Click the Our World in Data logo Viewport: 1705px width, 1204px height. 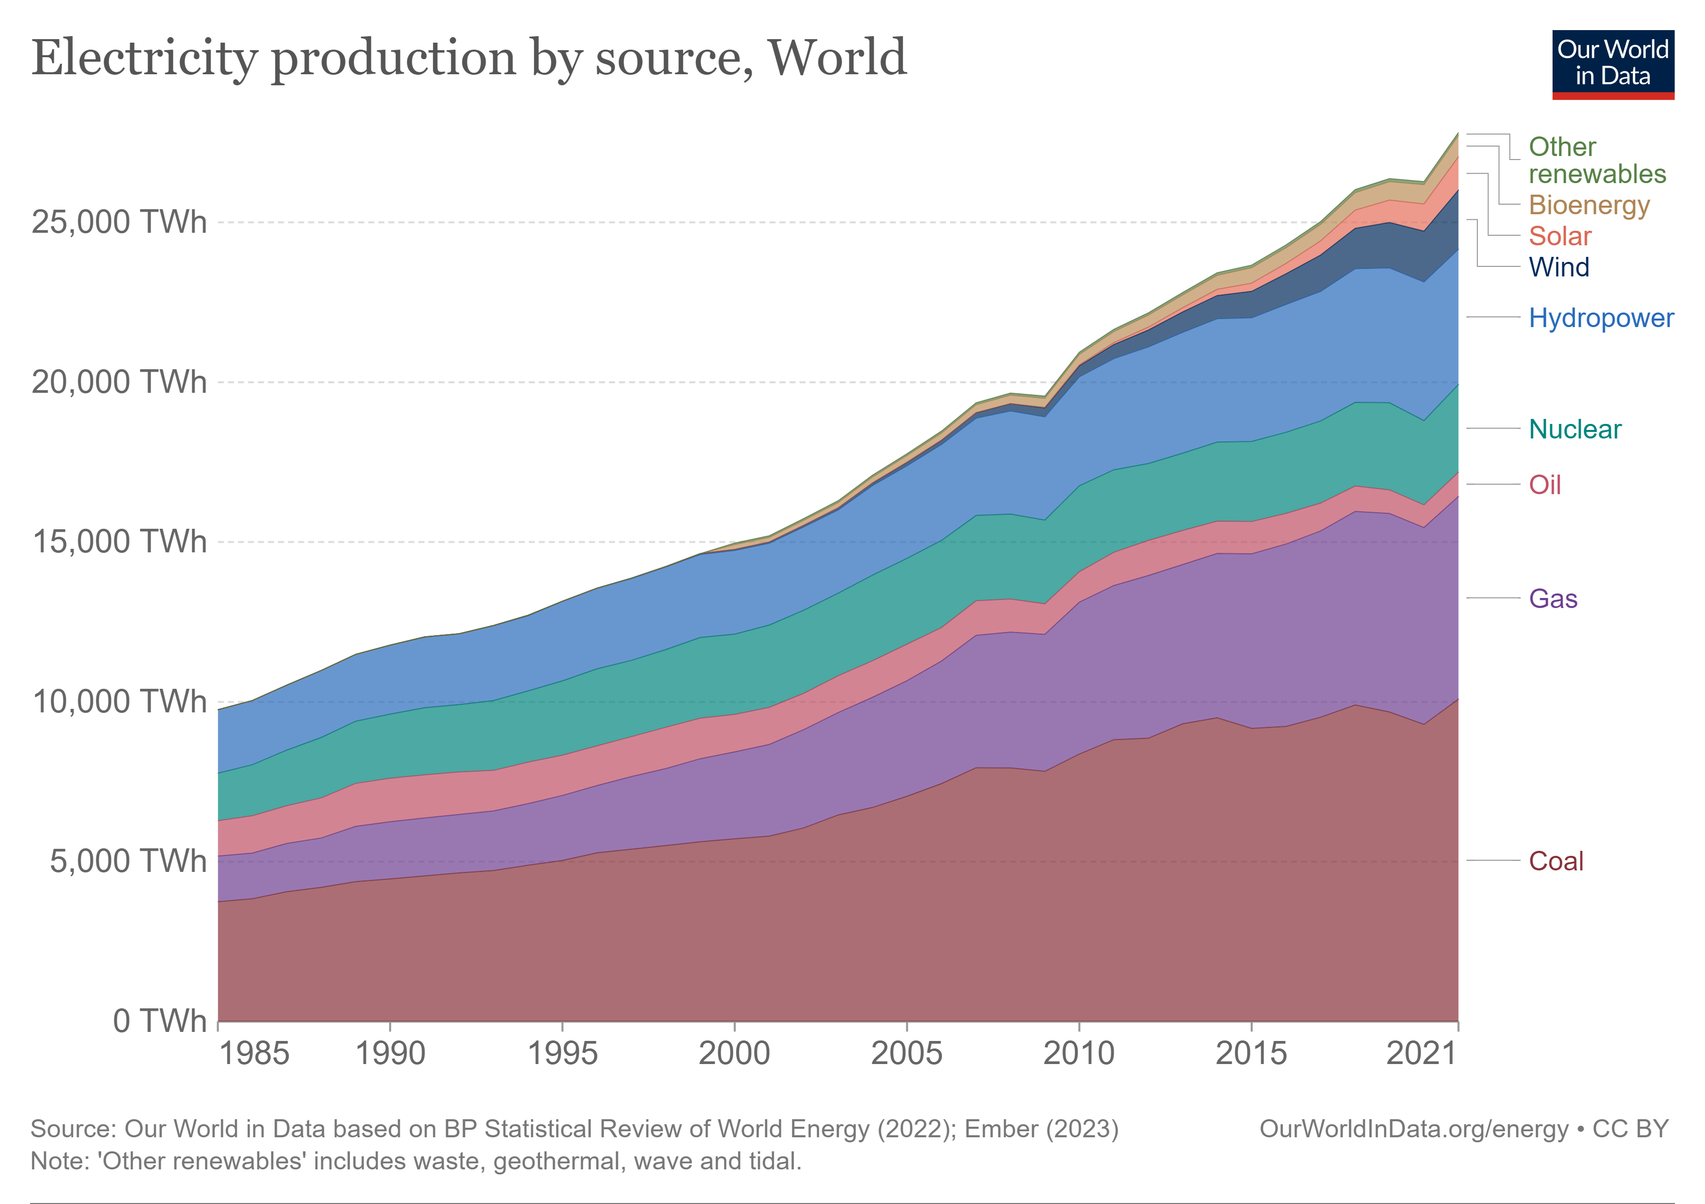click(1613, 65)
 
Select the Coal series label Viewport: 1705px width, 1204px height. click(1556, 861)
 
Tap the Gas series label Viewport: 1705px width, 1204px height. click(1553, 598)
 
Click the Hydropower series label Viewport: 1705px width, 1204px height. click(1601, 318)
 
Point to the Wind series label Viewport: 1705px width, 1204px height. click(1559, 267)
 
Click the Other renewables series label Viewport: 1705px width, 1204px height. click(1597, 160)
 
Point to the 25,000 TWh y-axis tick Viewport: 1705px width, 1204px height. click(119, 222)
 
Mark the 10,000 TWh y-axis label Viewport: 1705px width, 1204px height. click(119, 701)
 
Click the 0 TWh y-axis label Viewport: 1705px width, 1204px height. click(159, 1020)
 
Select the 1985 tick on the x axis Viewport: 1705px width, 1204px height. click(253, 1053)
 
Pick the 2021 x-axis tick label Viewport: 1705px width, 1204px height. click(1421, 1053)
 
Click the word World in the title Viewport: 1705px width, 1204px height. click(837, 57)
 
